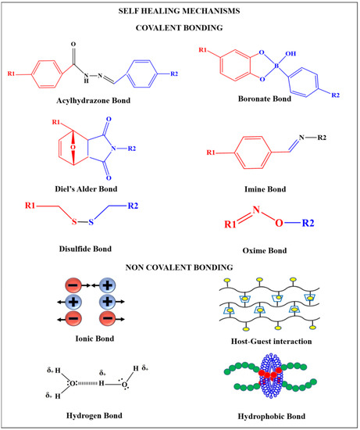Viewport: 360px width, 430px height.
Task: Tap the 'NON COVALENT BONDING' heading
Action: coord(179,267)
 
